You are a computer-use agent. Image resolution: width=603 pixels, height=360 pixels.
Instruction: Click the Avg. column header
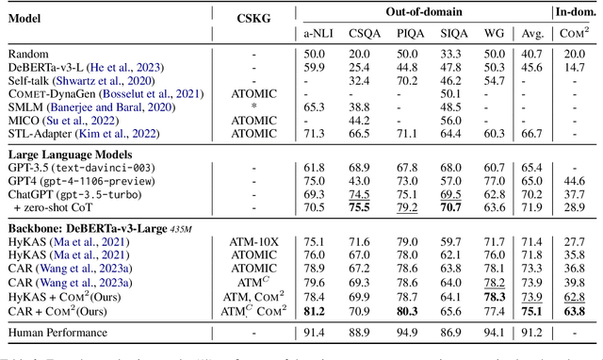click(533, 31)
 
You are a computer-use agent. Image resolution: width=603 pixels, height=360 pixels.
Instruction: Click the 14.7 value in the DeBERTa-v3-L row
click(576, 68)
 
